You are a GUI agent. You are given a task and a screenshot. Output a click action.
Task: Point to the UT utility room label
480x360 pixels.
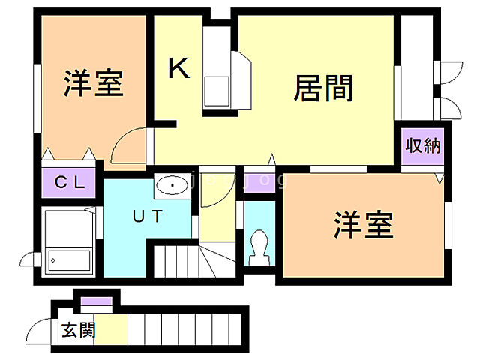(x=148, y=216)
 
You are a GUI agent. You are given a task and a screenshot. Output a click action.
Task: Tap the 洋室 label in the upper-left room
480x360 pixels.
(x=93, y=83)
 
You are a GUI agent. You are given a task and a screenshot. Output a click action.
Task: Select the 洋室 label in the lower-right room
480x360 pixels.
(x=363, y=224)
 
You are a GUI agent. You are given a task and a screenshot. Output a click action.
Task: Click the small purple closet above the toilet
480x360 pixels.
(x=259, y=184)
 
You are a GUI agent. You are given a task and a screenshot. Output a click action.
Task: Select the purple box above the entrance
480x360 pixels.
(x=96, y=303)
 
